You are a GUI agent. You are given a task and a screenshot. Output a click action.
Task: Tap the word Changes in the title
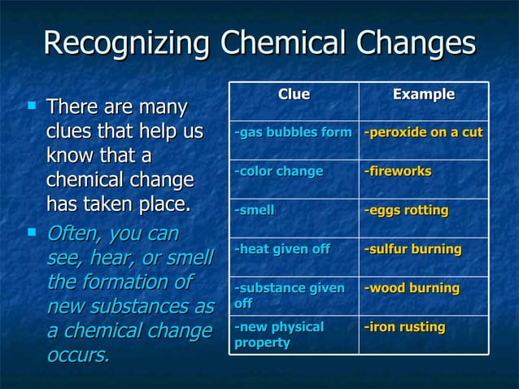[421, 43]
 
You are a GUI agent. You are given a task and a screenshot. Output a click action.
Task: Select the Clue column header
[294, 94]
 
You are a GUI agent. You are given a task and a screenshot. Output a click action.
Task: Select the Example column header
[424, 94]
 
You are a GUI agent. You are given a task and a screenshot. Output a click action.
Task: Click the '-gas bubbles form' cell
[293, 132]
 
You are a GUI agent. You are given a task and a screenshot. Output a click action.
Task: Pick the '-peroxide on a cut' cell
[423, 132]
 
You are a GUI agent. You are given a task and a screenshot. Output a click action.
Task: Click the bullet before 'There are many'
[32, 104]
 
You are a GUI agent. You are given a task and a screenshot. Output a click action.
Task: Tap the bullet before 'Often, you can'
[32, 232]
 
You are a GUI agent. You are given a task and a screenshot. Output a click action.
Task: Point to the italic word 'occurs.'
[78, 356]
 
